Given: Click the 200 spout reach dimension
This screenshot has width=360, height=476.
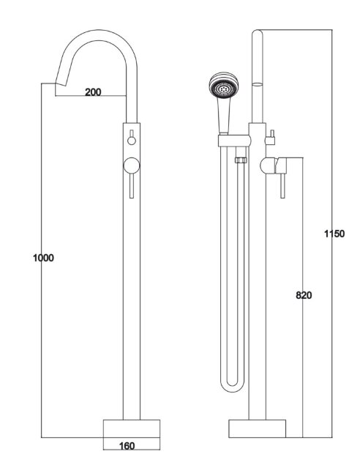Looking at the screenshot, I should [92, 92].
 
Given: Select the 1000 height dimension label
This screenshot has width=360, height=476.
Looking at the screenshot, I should [44, 258].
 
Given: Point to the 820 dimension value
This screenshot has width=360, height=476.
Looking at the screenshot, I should [304, 296].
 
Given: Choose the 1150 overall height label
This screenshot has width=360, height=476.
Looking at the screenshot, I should [334, 234].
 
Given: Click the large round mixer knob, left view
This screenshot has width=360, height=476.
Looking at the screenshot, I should [132, 164].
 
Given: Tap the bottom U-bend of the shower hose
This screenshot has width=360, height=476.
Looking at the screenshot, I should [231, 384].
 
